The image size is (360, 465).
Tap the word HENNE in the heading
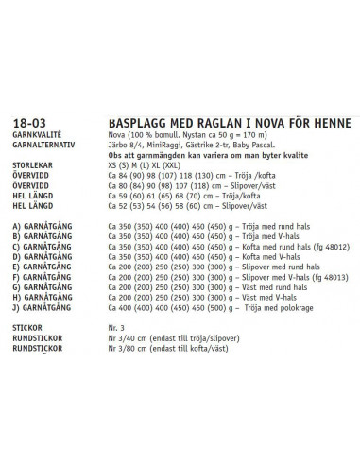330,123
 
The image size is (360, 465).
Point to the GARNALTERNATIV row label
43,145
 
